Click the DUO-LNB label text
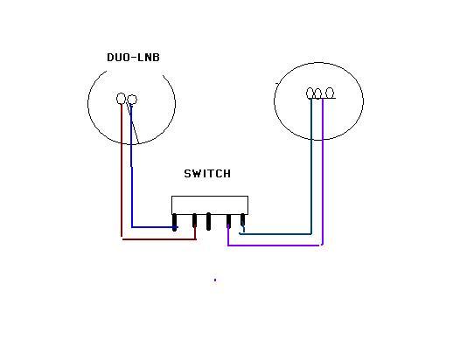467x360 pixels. tap(133, 58)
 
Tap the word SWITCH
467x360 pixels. tap(207, 174)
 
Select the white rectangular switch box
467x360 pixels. tap(210, 205)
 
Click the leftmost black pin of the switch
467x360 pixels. tap(175, 222)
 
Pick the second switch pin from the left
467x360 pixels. tap(194, 221)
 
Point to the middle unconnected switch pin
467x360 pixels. tap(208, 221)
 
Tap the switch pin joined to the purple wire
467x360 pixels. tap(228, 221)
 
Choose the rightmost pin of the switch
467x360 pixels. tap(243, 220)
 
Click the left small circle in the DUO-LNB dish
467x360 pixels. tap(121, 99)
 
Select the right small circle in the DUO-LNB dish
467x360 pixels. tap(132, 100)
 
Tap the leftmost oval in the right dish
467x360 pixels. tap(310, 93)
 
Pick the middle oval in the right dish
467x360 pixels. tap(317, 93)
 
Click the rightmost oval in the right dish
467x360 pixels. tap(330, 93)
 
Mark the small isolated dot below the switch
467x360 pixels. tap(215, 280)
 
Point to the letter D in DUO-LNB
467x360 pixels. tap(110, 58)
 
